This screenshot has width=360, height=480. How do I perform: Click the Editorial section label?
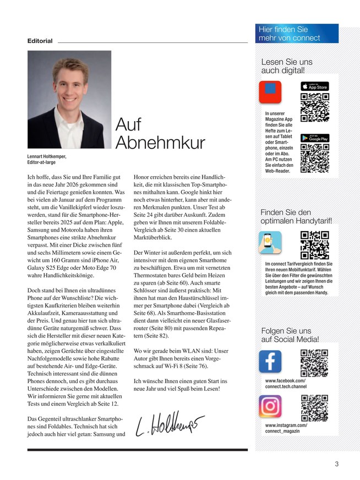tap(40, 41)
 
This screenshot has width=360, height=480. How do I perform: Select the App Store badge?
tap(314, 86)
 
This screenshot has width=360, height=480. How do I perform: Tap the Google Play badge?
tap(314, 138)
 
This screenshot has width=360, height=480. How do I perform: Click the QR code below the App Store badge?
tap(314, 107)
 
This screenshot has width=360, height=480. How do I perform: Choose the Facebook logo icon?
tap(270, 361)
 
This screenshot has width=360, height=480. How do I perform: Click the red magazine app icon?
tap(270, 92)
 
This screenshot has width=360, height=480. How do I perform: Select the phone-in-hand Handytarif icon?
tap(270, 243)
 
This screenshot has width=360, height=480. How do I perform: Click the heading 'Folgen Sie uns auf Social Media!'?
tap(290, 336)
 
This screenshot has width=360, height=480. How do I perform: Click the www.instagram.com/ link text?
tap(286, 425)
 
